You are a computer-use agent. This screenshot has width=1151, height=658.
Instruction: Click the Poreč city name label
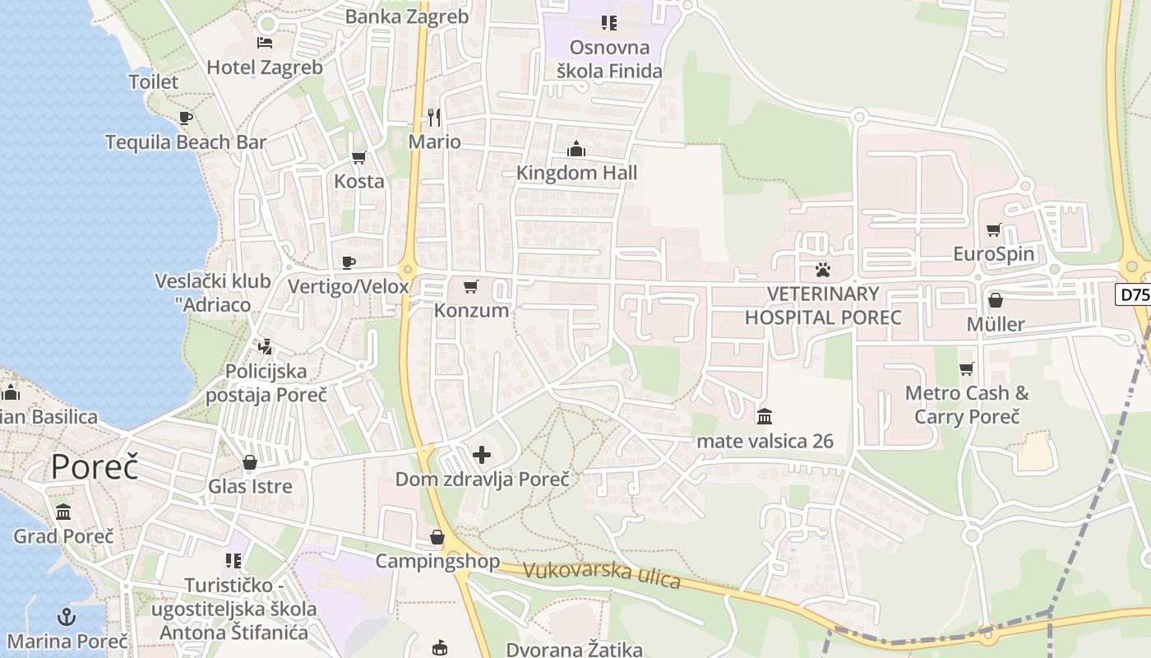click(x=95, y=466)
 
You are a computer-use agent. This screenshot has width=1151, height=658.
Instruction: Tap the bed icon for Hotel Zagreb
click(x=265, y=43)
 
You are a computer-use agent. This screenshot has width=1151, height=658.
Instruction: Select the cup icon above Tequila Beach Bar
click(x=186, y=118)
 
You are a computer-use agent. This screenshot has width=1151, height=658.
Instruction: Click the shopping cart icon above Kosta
click(x=358, y=157)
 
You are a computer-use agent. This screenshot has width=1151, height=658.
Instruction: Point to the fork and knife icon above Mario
click(x=434, y=118)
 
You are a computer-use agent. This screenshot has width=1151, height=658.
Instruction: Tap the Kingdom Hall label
click(x=576, y=173)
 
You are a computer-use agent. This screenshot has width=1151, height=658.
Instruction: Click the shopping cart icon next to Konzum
click(x=470, y=286)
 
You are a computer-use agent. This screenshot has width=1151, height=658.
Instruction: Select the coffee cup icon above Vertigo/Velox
click(x=349, y=262)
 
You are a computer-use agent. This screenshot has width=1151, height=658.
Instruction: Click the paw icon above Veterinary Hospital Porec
click(x=822, y=269)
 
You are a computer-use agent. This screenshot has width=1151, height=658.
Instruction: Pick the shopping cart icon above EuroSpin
click(x=993, y=229)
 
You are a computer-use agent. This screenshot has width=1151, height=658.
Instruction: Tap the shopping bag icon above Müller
click(x=995, y=300)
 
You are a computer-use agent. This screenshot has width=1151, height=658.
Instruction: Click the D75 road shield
click(x=1133, y=294)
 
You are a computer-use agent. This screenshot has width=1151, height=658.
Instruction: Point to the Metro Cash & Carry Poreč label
click(x=967, y=405)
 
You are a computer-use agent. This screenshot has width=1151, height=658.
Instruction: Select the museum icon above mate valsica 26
click(x=765, y=416)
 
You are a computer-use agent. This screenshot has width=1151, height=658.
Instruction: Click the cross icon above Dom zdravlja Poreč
click(x=482, y=454)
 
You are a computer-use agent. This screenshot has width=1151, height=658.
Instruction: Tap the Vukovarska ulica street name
click(x=602, y=574)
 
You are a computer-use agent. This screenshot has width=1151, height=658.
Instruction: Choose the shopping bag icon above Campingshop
click(x=437, y=537)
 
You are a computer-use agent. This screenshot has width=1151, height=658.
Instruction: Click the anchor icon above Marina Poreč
click(x=67, y=617)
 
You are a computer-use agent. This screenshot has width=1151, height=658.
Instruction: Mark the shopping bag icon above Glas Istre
click(x=250, y=462)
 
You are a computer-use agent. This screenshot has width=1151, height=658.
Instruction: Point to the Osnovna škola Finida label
click(x=609, y=59)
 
